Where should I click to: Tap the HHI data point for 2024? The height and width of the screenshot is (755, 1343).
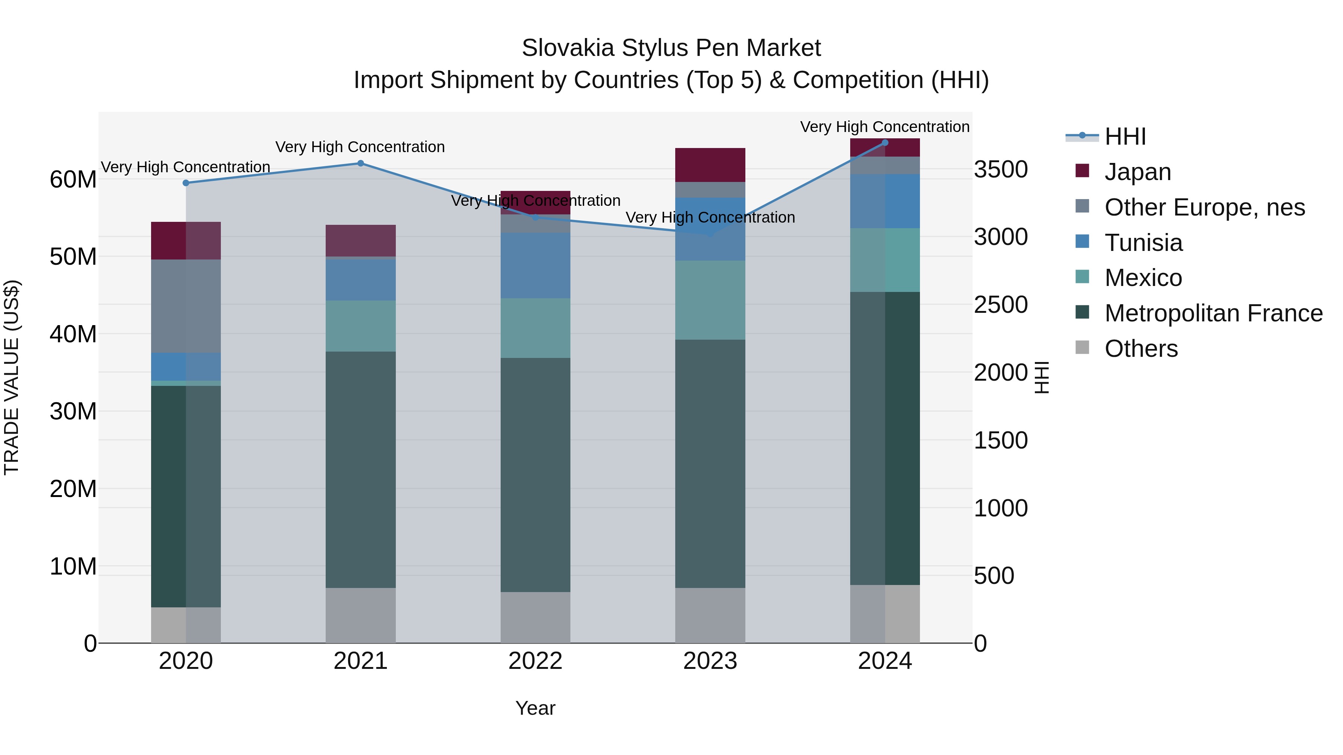[885, 143]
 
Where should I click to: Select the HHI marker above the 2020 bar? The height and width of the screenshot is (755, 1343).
[186, 183]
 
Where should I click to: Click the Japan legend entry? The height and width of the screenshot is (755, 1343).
[1137, 172]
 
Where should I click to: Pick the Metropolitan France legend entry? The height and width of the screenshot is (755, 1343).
[1213, 313]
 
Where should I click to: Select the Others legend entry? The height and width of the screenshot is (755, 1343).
[1141, 349]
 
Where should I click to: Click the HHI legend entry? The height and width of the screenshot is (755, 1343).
[1124, 136]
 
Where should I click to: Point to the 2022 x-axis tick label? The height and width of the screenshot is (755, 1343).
[535, 661]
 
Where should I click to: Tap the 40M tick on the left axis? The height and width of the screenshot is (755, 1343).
[73, 334]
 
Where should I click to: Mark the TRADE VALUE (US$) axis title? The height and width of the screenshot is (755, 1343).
[12, 377]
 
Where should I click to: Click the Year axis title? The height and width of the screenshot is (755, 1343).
[535, 708]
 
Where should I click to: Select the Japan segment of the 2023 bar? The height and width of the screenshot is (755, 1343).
[710, 165]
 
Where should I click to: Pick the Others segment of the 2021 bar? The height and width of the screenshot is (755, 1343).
[360, 615]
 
